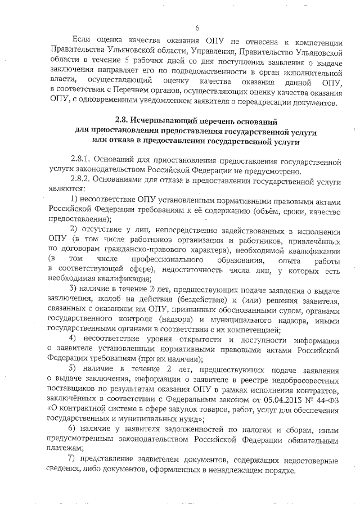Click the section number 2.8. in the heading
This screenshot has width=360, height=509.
coord(122,121)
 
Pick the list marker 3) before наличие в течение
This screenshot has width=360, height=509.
coord(73,289)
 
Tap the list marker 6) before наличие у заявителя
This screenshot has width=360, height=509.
coord(73,429)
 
